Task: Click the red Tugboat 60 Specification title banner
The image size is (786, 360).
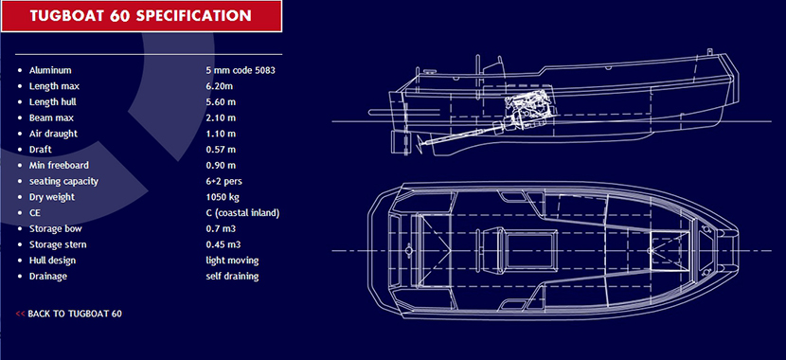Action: tap(141, 16)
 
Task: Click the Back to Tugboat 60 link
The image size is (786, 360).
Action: tap(69, 314)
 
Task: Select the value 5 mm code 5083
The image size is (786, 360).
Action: tap(241, 70)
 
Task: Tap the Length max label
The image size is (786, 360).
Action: tap(54, 86)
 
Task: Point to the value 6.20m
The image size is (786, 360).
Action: tap(220, 86)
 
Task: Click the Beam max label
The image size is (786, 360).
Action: tap(52, 117)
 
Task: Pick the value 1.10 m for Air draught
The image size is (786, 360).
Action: tap(221, 134)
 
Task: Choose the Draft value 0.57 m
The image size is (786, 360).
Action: tap(221, 150)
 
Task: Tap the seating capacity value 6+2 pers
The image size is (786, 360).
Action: tap(224, 181)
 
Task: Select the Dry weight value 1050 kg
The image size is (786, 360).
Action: tap(223, 197)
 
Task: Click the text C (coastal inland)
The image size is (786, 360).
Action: tap(242, 213)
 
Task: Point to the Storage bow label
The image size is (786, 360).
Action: tap(56, 228)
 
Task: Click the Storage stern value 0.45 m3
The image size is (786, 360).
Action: tap(223, 244)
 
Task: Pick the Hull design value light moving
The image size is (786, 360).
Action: tap(232, 261)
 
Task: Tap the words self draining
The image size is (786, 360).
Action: tap(232, 277)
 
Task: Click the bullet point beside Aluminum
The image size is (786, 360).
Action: tap(20, 71)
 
